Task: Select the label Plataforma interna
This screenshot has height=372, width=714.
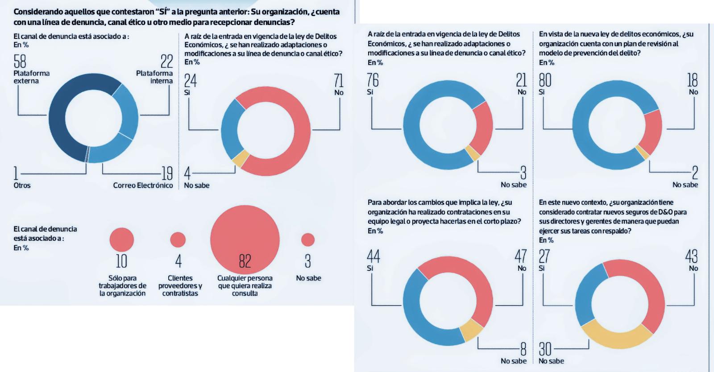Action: click(x=154, y=77)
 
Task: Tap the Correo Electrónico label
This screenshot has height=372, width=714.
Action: click(x=143, y=185)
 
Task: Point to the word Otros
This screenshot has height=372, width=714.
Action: click(x=22, y=185)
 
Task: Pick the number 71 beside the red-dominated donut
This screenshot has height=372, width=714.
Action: click(x=338, y=81)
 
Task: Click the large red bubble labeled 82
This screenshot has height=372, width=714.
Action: click(x=245, y=240)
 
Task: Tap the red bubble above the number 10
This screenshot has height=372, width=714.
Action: click(x=121, y=240)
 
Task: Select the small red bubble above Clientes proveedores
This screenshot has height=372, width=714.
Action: click(x=178, y=240)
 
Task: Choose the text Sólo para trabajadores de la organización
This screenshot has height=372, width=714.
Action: click(x=122, y=285)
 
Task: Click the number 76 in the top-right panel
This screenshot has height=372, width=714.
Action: click(x=373, y=80)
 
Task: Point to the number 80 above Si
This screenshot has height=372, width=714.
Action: click(x=545, y=80)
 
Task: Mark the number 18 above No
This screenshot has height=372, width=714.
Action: click(x=692, y=80)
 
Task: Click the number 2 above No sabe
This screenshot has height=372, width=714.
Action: click(x=695, y=173)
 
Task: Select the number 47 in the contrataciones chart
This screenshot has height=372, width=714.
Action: click(x=520, y=256)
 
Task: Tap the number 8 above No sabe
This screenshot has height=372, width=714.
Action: click(x=523, y=349)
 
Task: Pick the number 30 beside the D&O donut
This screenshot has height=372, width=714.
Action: click(x=545, y=349)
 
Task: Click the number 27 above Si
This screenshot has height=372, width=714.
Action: click(x=544, y=256)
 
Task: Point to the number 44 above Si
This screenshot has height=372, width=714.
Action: click(x=373, y=256)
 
